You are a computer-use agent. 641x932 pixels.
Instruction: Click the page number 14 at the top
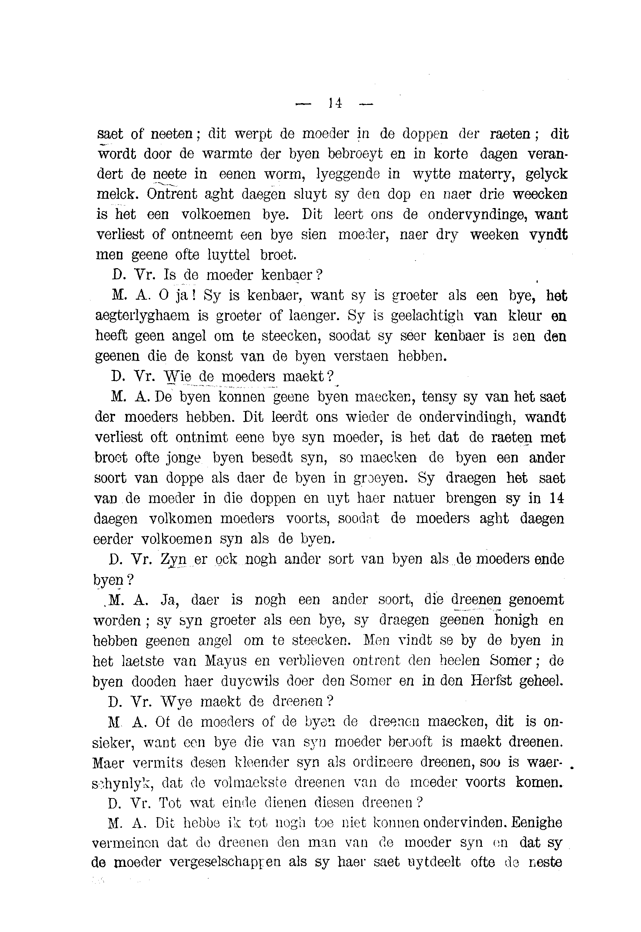pyautogui.click(x=334, y=103)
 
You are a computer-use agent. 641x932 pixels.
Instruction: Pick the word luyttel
pyautogui.click(x=228, y=255)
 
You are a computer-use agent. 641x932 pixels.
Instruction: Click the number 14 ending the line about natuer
pyautogui.click(x=557, y=498)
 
